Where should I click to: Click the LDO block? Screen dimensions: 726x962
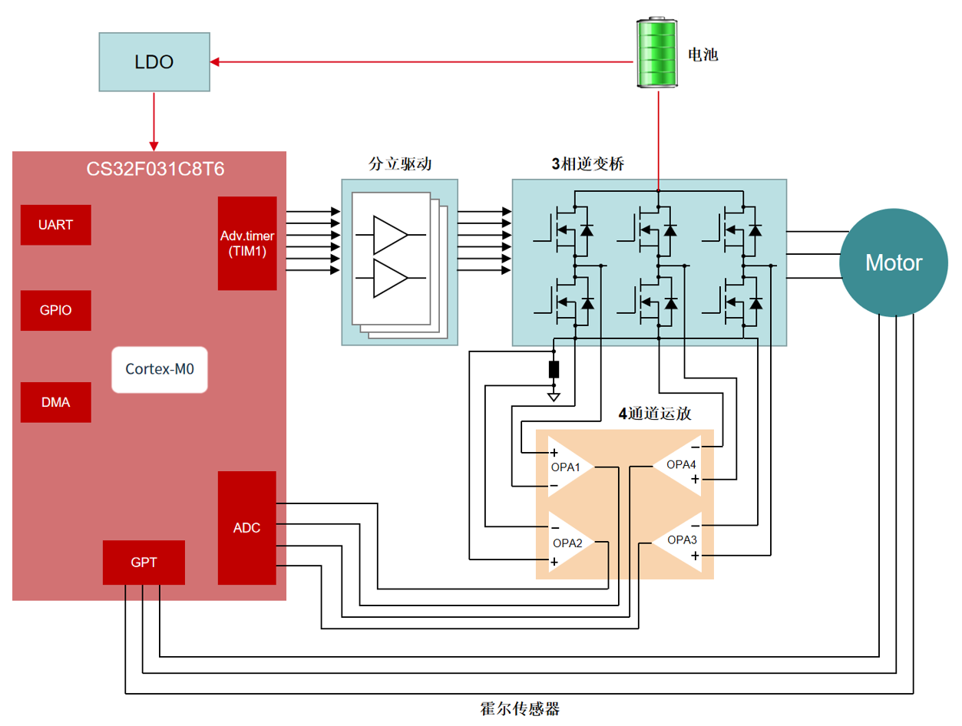[x=154, y=62]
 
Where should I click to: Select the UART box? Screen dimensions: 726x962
[x=56, y=225]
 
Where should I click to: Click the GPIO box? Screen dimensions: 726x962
[x=56, y=311]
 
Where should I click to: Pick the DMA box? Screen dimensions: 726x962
[x=56, y=401]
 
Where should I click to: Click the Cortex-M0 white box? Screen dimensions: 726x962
[x=160, y=369]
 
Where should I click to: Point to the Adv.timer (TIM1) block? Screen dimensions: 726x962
[x=247, y=243]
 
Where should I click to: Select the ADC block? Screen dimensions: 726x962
[x=246, y=528]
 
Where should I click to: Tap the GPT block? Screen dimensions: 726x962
[x=144, y=563]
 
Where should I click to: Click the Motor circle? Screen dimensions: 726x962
[x=893, y=263]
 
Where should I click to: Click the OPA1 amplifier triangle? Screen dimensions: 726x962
[x=569, y=467]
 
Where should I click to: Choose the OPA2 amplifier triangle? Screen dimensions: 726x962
[x=569, y=543]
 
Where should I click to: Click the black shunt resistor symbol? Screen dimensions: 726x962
[x=554, y=370]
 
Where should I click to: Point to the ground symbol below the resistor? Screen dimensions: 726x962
[x=554, y=397]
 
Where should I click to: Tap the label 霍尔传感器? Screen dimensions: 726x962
[x=519, y=708]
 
